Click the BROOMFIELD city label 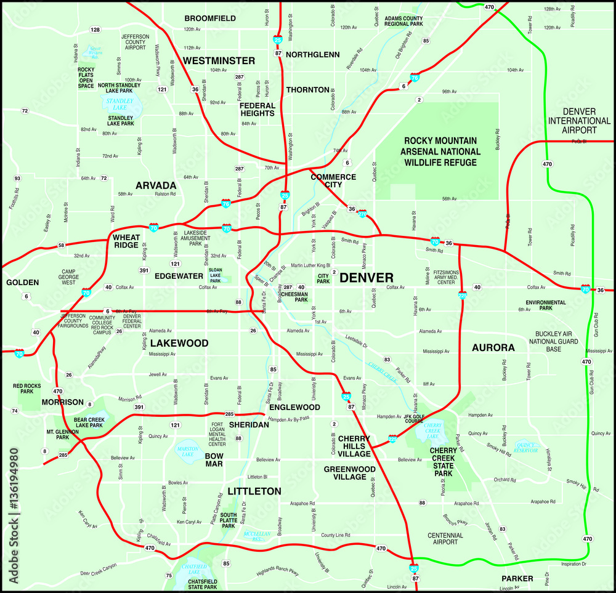click(210, 18)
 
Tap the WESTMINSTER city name click(218, 60)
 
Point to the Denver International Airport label click(579, 120)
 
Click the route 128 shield click(95, 30)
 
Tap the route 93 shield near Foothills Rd click(17, 179)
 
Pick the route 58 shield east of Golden click(61, 246)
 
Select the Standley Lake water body click(120, 104)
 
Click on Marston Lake click(187, 450)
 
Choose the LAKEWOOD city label click(179, 343)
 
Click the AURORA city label click(493, 348)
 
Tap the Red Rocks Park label click(27, 389)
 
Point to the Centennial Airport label click(445, 539)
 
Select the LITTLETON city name click(254, 491)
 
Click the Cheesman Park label click(293, 297)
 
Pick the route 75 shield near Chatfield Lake click(169, 575)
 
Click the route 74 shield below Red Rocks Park click(14, 411)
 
